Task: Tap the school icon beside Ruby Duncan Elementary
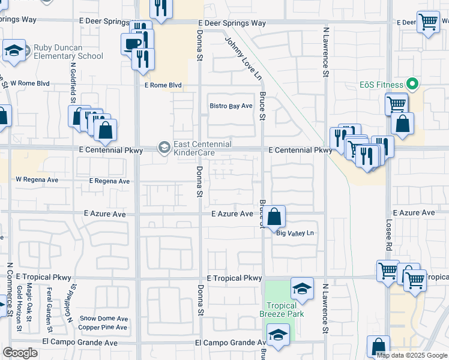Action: (14, 51)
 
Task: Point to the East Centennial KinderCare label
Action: (202, 148)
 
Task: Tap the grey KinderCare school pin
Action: (163, 147)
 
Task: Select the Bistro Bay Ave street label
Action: (231, 106)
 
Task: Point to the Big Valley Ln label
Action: (295, 233)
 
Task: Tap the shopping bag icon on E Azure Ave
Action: (274, 217)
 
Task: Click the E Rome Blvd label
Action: (163, 85)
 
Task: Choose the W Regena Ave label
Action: (37, 179)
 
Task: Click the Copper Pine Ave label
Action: (103, 328)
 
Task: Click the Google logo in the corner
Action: (20, 353)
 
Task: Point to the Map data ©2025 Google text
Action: (412, 355)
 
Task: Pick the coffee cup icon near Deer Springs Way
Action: (132, 43)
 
